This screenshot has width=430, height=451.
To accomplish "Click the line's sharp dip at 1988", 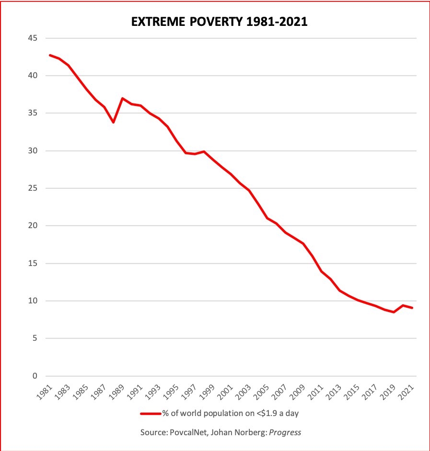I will [113, 122].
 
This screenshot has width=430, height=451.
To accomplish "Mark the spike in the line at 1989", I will [122, 98].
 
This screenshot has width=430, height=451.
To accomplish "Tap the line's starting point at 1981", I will [50, 55].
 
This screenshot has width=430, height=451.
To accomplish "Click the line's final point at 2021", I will [412, 308].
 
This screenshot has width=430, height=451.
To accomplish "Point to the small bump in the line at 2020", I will [403, 305].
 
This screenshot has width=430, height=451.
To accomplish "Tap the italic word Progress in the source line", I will [285, 432].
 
